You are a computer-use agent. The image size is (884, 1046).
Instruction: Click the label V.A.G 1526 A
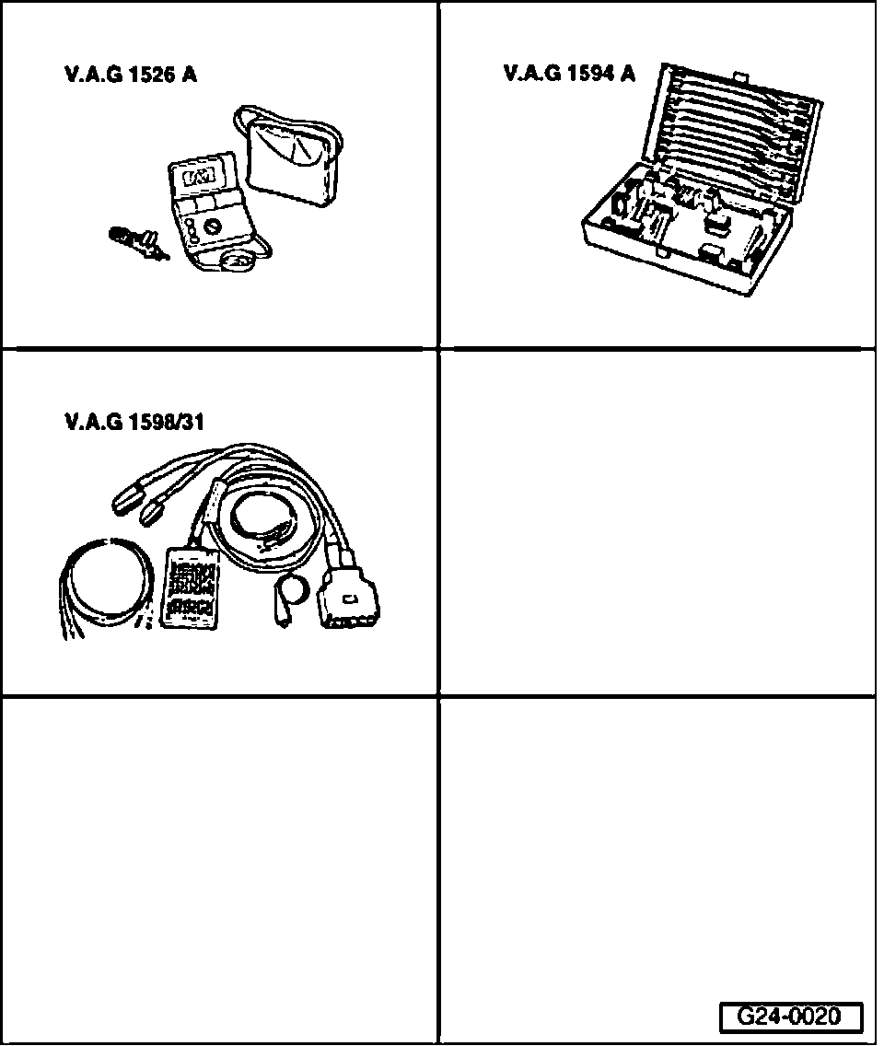pos(130,76)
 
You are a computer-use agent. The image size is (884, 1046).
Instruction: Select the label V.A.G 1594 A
pos(569,74)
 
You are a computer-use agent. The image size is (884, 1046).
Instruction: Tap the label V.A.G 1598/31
pos(134,423)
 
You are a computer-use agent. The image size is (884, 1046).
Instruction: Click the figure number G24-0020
pos(790,1017)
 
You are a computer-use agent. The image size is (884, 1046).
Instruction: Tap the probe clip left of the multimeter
pos(138,242)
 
